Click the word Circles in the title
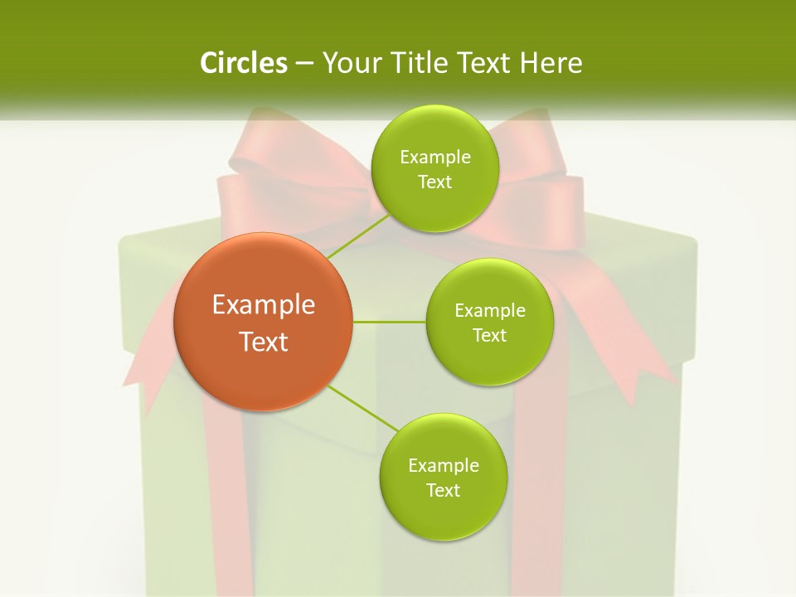pyautogui.click(x=244, y=63)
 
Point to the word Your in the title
pyautogui.click(x=350, y=63)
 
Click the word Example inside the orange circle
pyautogui.click(x=264, y=305)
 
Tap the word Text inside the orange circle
pyautogui.click(x=264, y=341)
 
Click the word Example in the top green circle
pyautogui.click(x=435, y=158)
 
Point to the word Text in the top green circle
pyautogui.click(x=434, y=182)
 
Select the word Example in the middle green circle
pyautogui.click(x=490, y=311)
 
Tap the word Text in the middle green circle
pyautogui.click(x=489, y=335)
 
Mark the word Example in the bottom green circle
pyautogui.click(x=444, y=466)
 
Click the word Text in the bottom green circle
pyautogui.click(x=443, y=490)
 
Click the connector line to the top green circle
pyautogui.click(x=358, y=236)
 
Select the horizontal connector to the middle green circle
pyautogui.click(x=390, y=322)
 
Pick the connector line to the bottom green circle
pyautogui.click(x=363, y=408)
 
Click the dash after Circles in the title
pyautogui.click(x=304, y=63)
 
